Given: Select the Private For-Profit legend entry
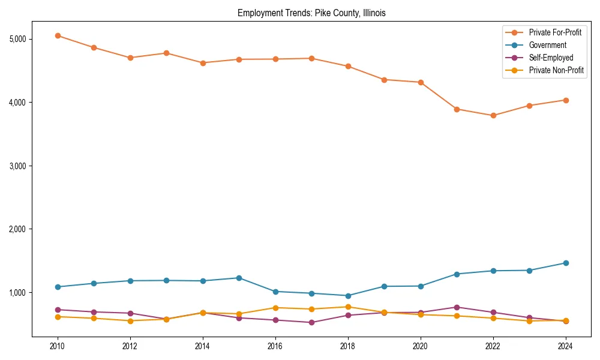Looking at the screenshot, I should pyautogui.click(x=555, y=32).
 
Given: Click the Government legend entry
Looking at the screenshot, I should pyautogui.click(x=547, y=45).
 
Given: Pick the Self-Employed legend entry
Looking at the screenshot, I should pyautogui.click(x=551, y=58).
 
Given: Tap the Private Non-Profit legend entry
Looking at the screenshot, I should pyautogui.click(x=556, y=70).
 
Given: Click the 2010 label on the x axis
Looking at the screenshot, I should pyautogui.click(x=58, y=346).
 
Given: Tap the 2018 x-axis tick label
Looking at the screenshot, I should pyautogui.click(x=347, y=346).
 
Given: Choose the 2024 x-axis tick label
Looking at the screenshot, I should pyautogui.click(x=565, y=346).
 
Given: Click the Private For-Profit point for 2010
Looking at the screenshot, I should pyautogui.click(x=58, y=35).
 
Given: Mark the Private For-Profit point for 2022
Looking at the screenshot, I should pyautogui.click(x=493, y=115).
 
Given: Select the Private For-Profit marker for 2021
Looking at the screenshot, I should pyautogui.click(x=457, y=109).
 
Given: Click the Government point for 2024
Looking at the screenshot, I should pyautogui.click(x=565, y=263).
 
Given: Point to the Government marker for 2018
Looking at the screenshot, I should pyautogui.click(x=347, y=296).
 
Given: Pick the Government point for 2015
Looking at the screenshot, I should pyautogui.click(x=239, y=278).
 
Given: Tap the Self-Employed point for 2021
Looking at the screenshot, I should pyautogui.click(x=457, y=307).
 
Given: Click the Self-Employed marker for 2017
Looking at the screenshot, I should pyautogui.click(x=311, y=322).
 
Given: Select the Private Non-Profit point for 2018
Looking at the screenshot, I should pyautogui.click(x=347, y=307).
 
